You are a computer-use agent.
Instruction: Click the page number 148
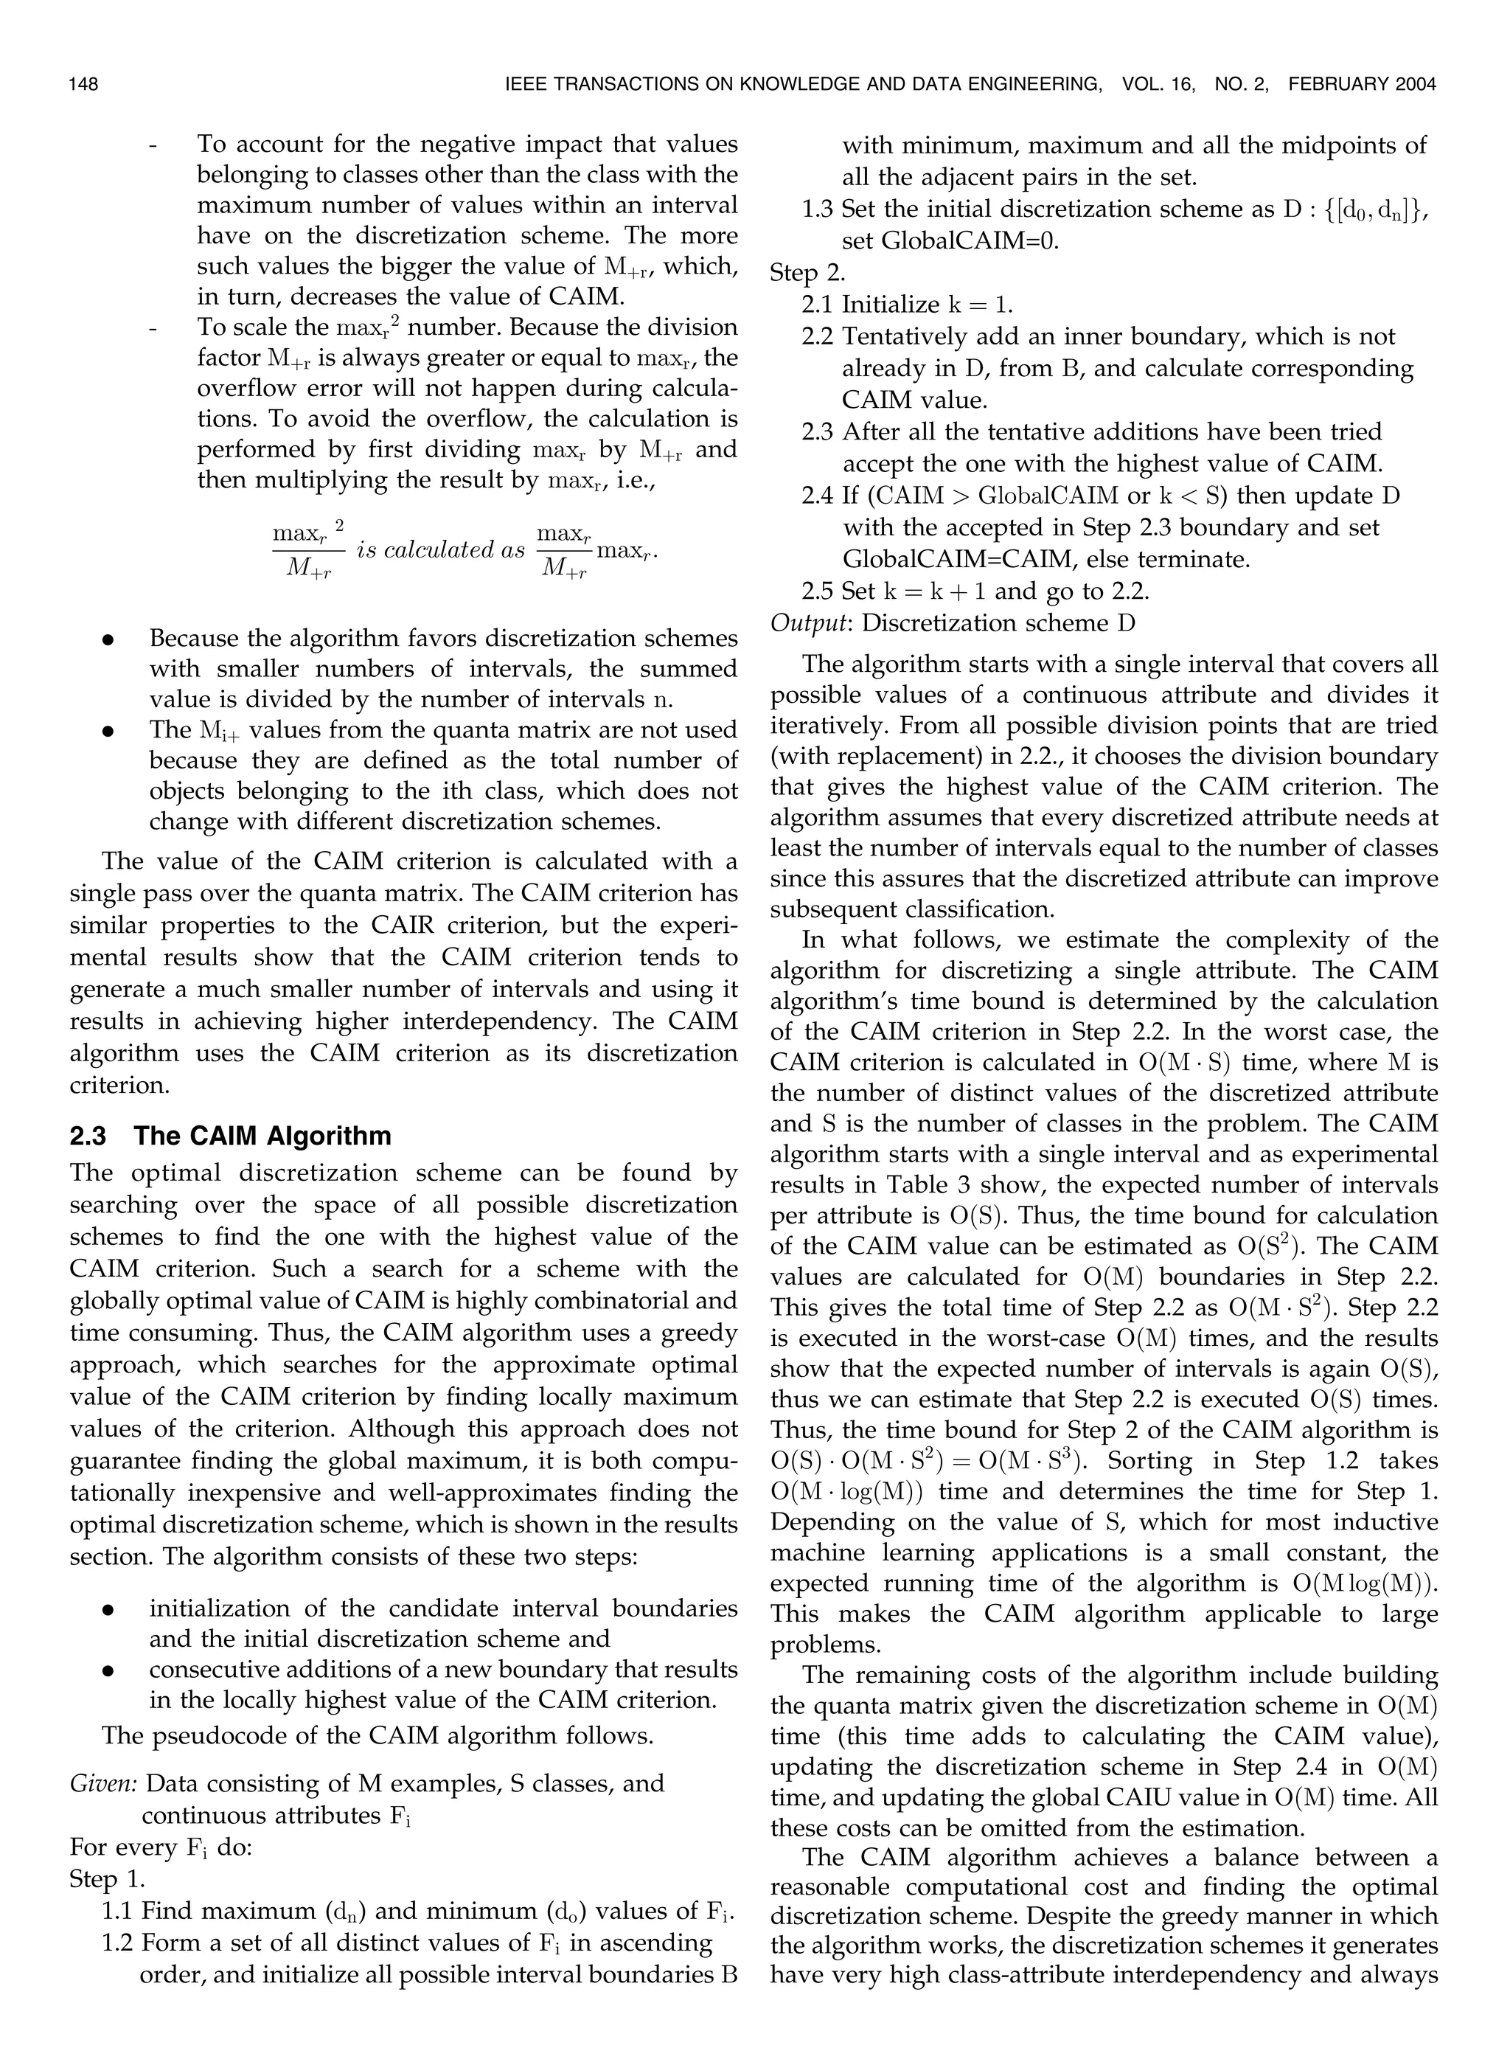coord(83,85)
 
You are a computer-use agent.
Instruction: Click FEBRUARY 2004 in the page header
coord(1362,85)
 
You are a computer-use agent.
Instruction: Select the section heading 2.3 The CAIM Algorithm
coord(230,1136)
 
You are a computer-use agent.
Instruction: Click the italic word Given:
coord(103,1782)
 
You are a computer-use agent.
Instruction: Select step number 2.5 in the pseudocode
coord(818,591)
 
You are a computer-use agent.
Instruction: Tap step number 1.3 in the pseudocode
coord(818,209)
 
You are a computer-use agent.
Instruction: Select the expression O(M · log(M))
coord(846,1492)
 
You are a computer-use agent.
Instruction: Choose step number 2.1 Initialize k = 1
coord(818,305)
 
